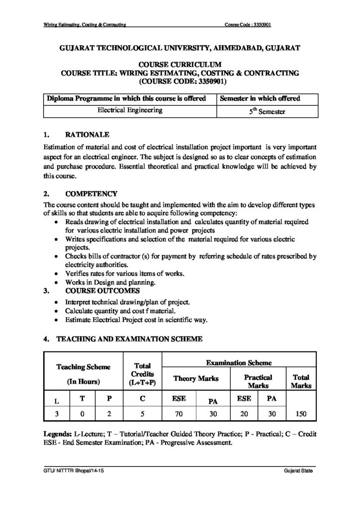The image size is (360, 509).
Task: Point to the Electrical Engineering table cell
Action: coord(130,110)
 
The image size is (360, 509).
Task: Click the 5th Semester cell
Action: coord(267,111)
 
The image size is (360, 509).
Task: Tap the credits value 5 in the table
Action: coord(142,413)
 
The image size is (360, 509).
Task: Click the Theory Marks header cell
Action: coord(195,379)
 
